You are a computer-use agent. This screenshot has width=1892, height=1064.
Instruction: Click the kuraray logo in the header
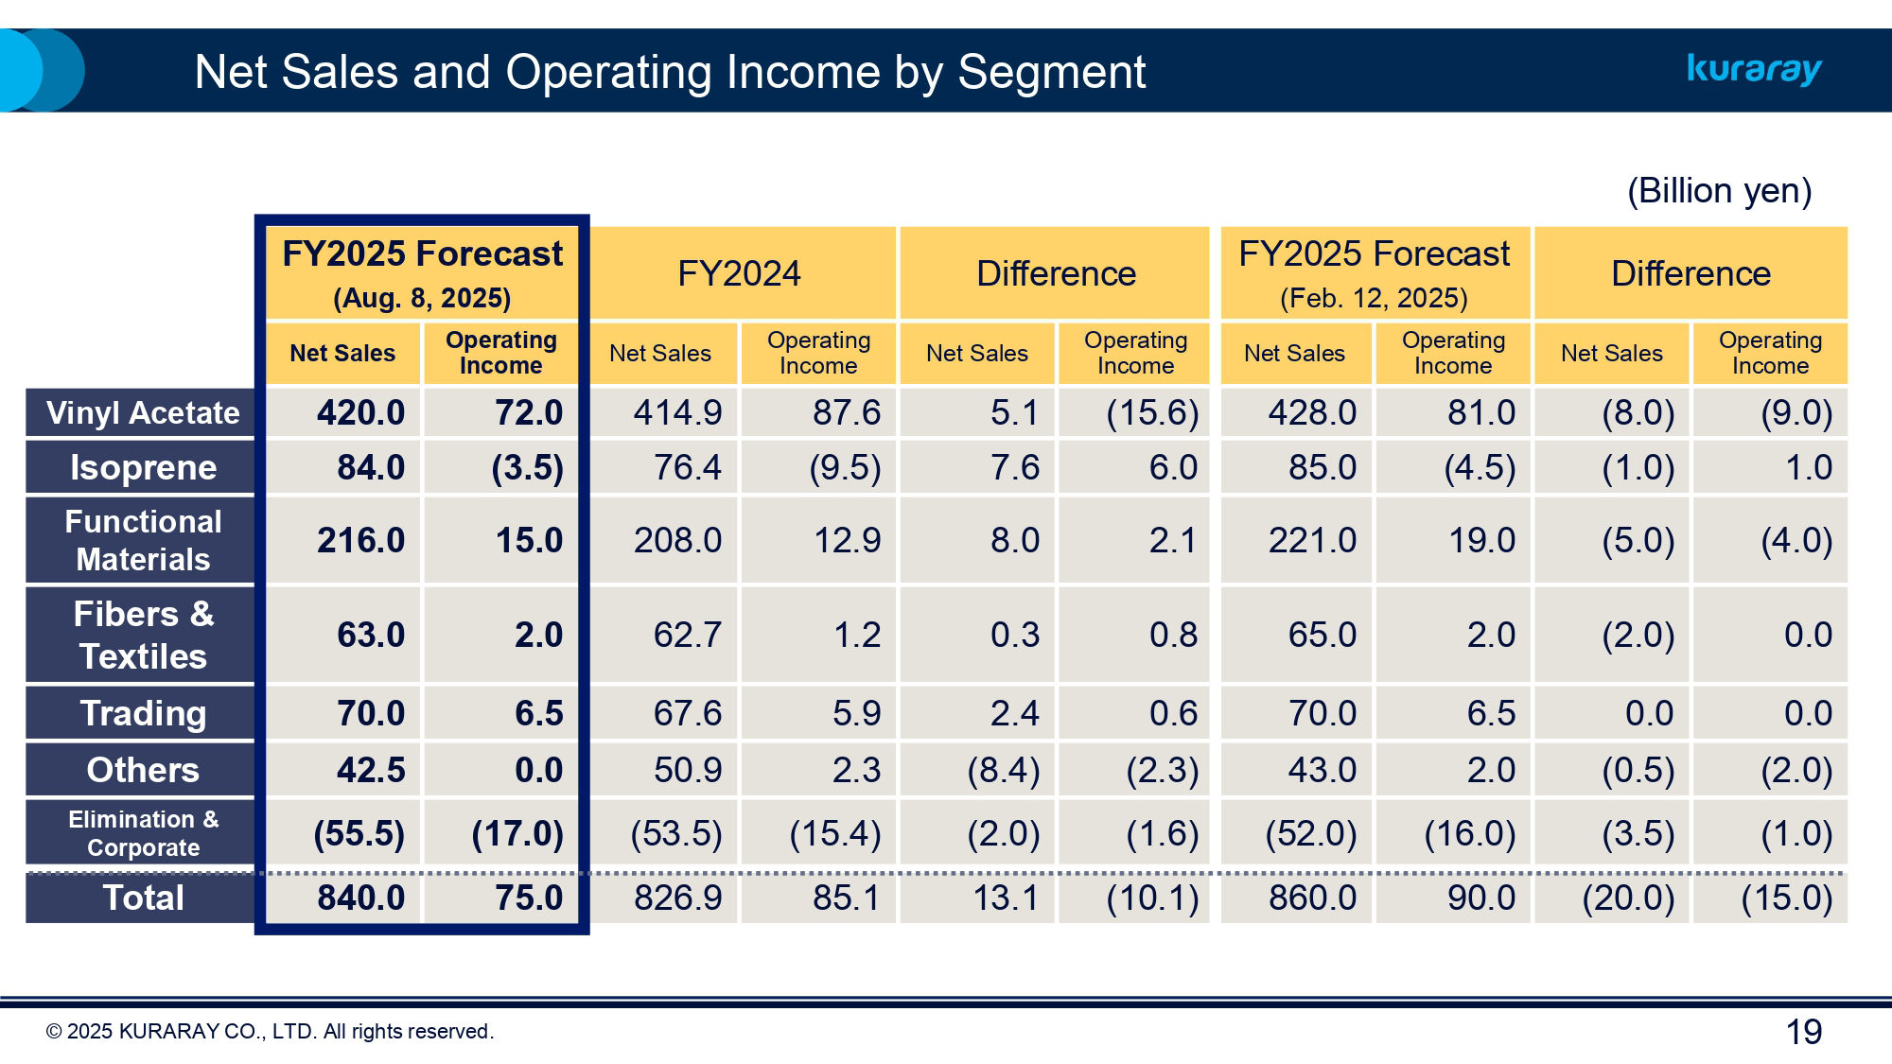pyautogui.click(x=1754, y=69)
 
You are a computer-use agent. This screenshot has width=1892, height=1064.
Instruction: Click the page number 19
pyautogui.click(x=1803, y=1032)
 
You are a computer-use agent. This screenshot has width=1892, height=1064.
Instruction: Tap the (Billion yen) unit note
pyautogui.click(x=1719, y=191)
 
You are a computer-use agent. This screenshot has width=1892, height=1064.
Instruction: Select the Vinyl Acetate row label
pyautogui.click(x=142, y=413)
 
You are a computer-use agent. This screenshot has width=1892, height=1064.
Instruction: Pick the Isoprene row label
pyautogui.click(x=142, y=467)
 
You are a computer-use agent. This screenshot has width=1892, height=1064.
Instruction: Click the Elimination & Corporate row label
pyautogui.click(x=142, y=833)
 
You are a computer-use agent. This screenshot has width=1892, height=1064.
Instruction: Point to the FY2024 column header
pyautogui.click(x=739, y=273)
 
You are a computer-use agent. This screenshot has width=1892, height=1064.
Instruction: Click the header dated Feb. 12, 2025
pyautogui.click(x=1374, y=273)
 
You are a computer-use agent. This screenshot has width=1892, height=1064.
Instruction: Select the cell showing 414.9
pyautogui.click(x=677, y=413)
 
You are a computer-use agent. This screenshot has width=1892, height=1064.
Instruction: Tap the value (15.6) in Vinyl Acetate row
pyautogui.click(x=1152, y=413)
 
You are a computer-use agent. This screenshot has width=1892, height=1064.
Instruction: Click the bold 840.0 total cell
pyautogui.click(x=360, y=898)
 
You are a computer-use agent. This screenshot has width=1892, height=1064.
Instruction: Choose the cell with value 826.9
pyautogui.click(x=677, y=898)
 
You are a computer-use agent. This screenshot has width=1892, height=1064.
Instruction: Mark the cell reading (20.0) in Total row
pyautogui.click(x=1628, y=898)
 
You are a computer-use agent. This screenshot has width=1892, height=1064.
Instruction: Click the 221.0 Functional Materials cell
pyautogui.click(x=1312, y=540)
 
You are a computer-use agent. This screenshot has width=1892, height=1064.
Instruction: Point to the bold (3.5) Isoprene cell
pyautogui.click(x=527, y=467)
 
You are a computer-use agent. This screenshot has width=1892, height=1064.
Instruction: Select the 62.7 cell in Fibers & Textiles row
pyautogui.click(x=687, y=635)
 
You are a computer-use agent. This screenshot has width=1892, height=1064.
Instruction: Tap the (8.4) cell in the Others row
pyautogui.click(x=1003, y=770)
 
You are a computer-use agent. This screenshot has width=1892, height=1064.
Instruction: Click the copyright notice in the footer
pyautogui.click(x=270, y=1032)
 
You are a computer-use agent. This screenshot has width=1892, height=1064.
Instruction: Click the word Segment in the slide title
pyautogui.click(x=1051, y=72)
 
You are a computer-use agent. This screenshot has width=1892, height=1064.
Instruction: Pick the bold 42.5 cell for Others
pyautogui.click(x=370, y=770)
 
